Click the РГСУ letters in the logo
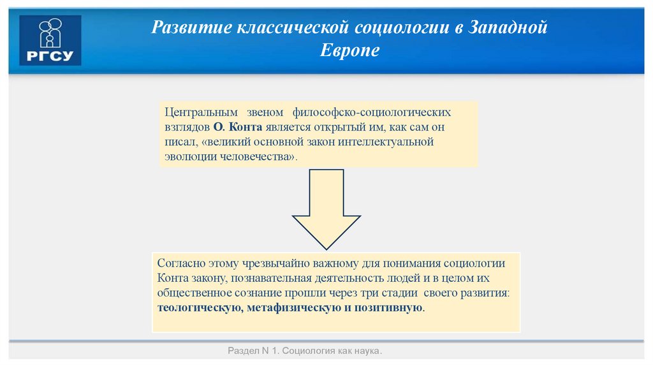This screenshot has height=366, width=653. pyautogui.click(x=50, y=57)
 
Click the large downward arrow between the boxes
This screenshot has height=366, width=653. pyautogui.click(x=326, y=210)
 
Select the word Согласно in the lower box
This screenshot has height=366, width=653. pyautogui.click(x=180, y=264)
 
